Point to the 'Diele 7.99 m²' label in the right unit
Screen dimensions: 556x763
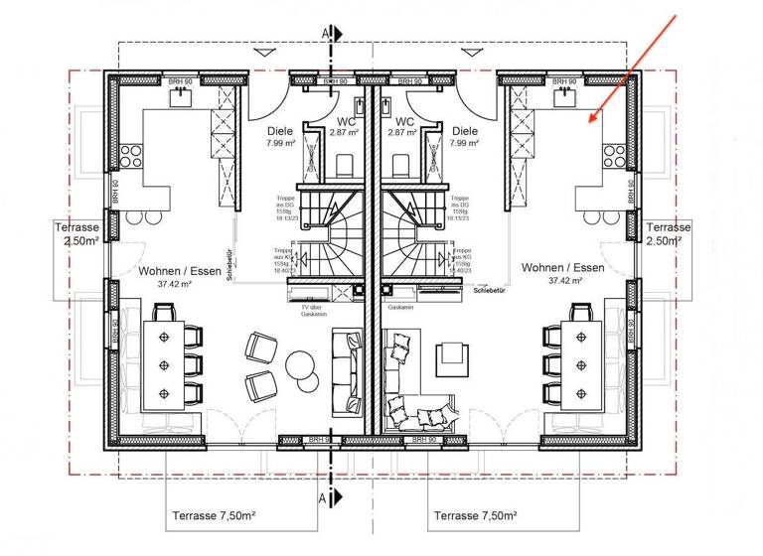coord(464,136)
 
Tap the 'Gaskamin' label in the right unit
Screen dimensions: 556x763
coord(401,307)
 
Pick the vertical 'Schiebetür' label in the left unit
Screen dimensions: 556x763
coord(229,265)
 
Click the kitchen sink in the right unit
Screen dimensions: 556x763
coord(565,96)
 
